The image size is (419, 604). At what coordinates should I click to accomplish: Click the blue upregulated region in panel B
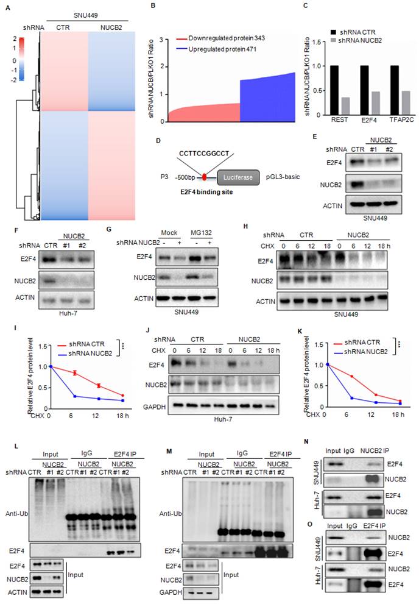click(x=268, y=98)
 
